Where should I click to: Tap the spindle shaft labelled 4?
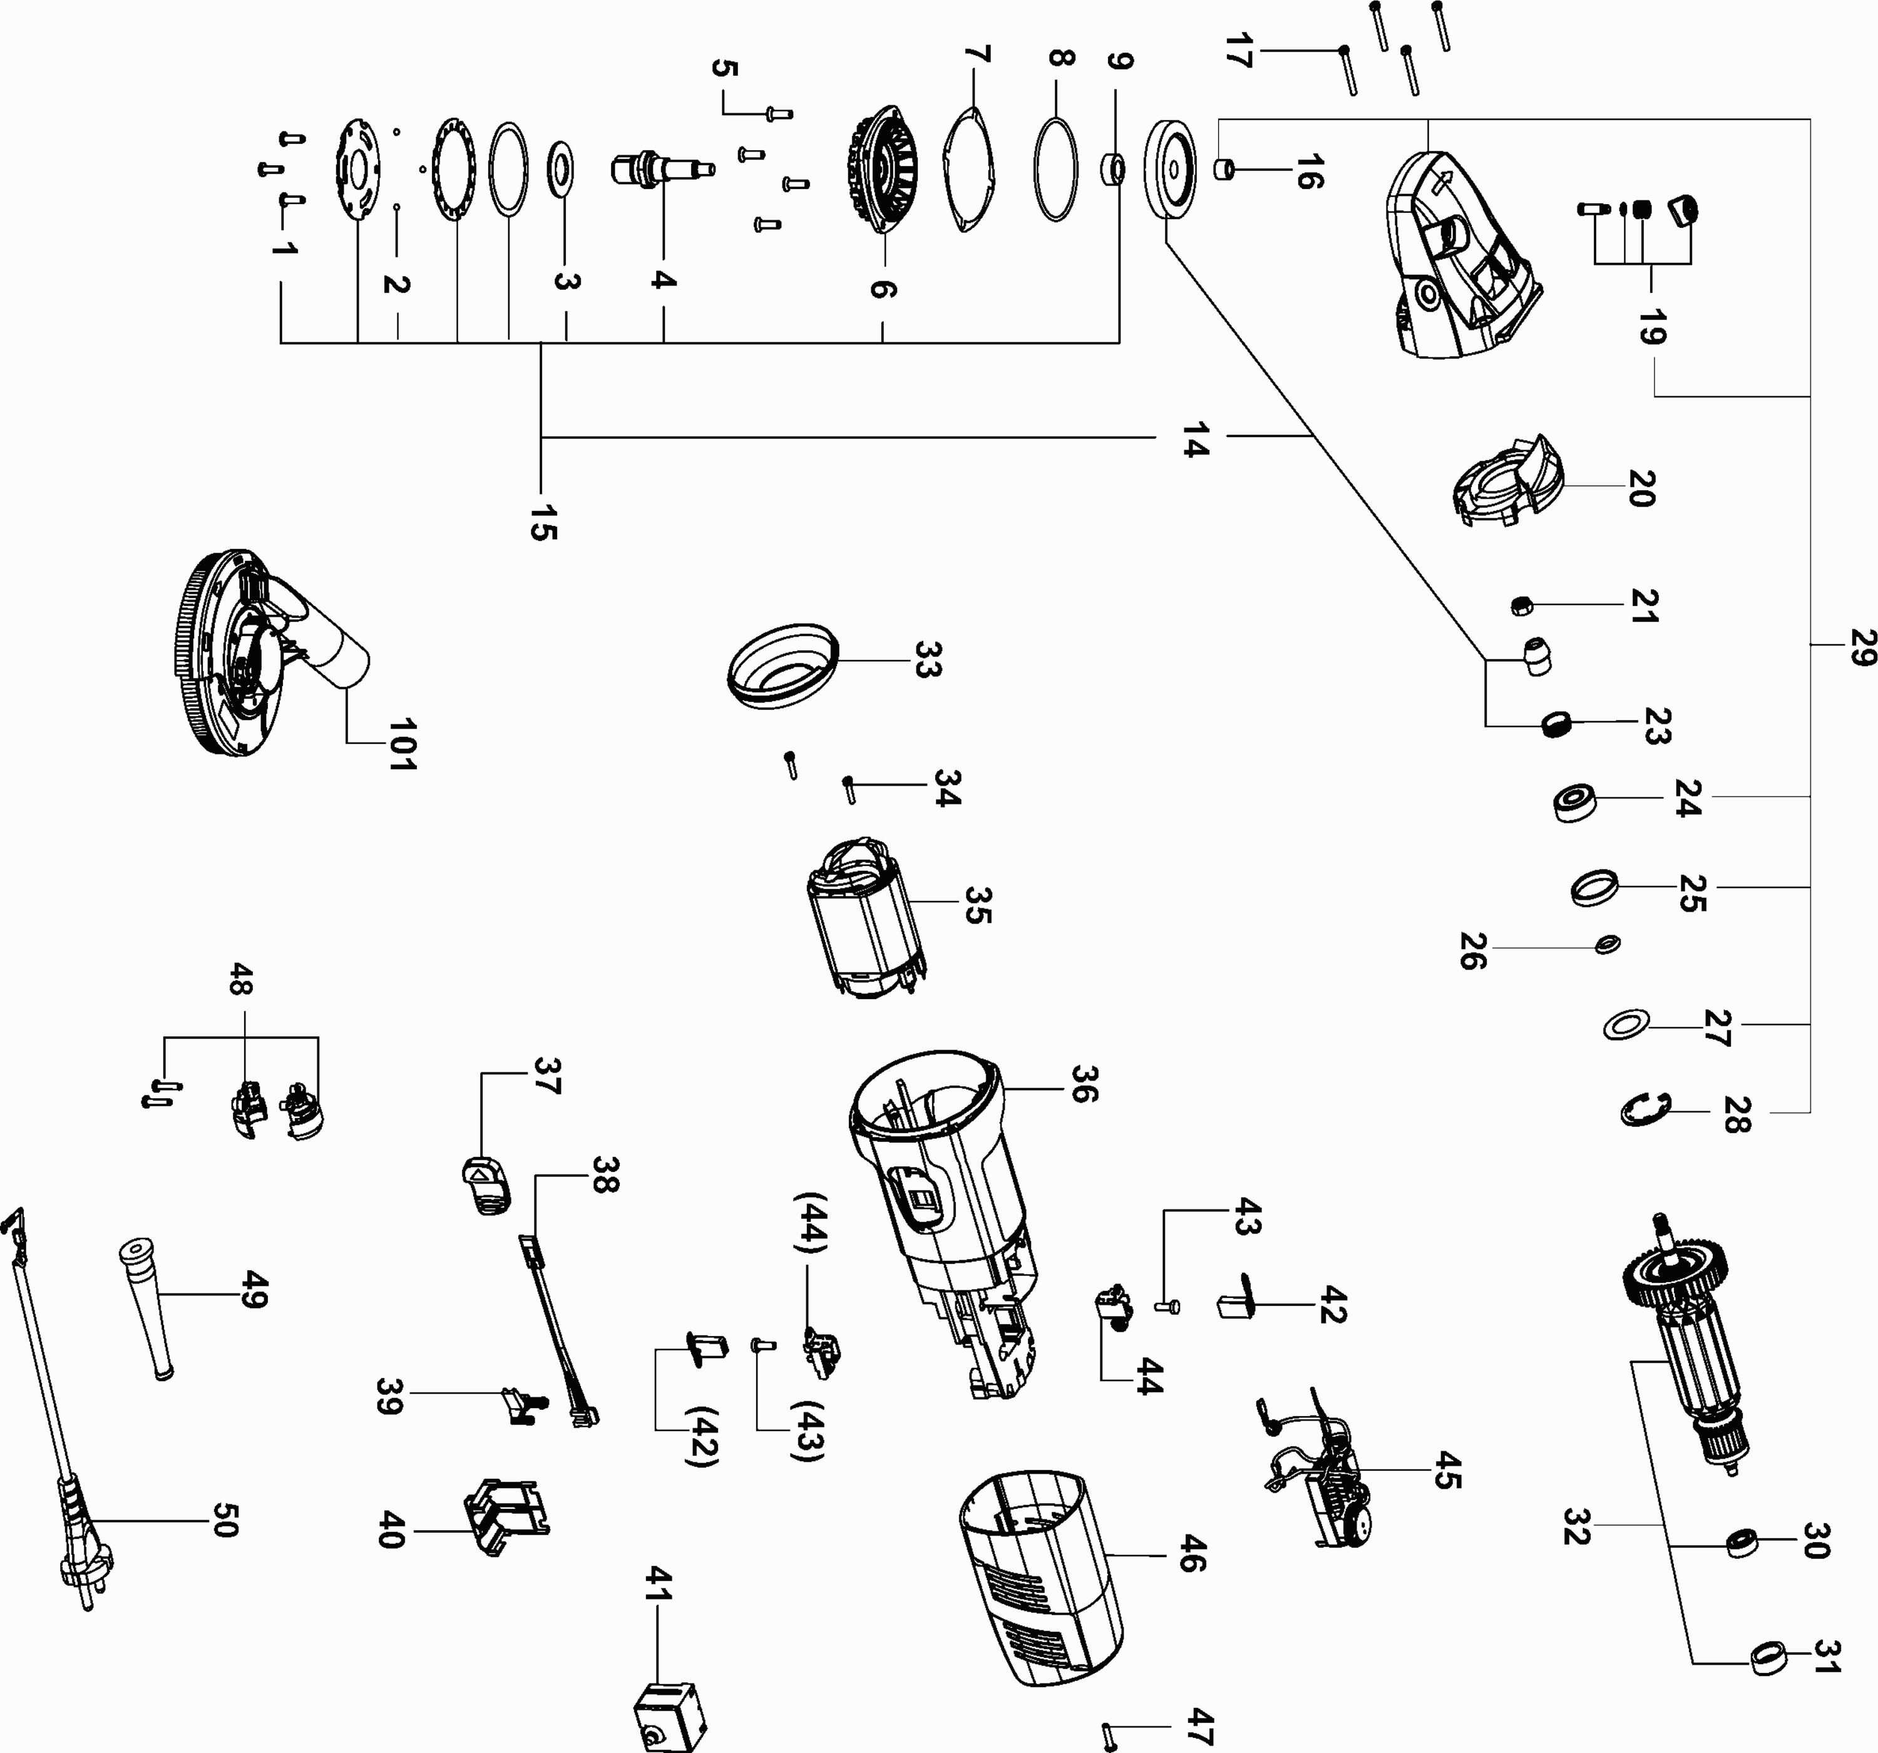[661, 170]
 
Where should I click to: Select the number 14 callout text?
[1195, 440]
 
